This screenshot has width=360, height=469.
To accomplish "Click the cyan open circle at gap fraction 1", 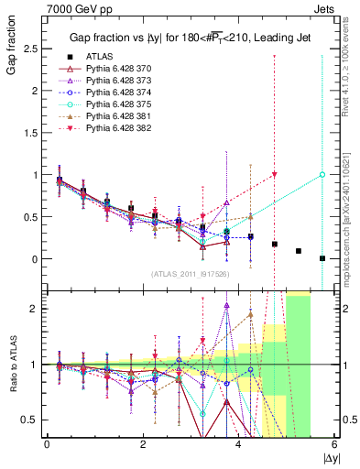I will click(322, 174).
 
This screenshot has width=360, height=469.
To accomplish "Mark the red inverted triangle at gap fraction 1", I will click(275, 174).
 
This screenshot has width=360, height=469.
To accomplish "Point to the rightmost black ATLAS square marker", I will click(322, 258).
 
